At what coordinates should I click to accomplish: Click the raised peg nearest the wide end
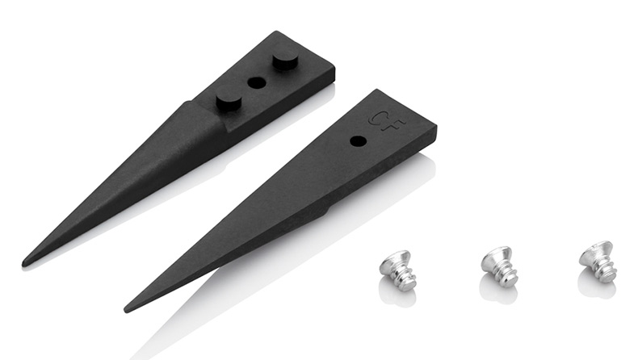coord(286,61)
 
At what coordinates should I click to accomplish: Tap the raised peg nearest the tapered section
coord(229,100)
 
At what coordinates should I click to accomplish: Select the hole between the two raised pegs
coord(257,83)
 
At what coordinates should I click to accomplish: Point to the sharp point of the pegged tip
coord(24,264)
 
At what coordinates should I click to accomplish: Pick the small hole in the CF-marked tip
coord(358,141)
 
